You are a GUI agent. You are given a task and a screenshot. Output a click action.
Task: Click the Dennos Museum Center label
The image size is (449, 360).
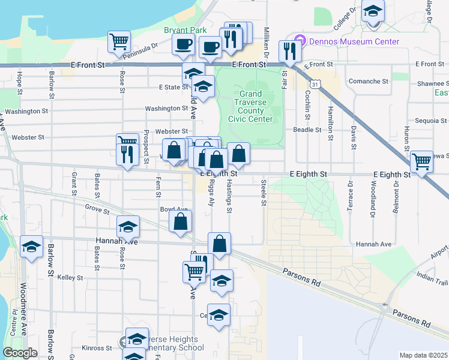click(x=354, y=41)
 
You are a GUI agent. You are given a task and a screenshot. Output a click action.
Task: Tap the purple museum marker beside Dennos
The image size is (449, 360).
click(x=303, y=41)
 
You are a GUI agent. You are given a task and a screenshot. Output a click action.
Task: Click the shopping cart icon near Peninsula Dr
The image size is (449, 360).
click(x=119, y=41)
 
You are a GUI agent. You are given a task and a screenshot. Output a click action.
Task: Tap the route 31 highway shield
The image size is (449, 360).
click(x=314, y=85)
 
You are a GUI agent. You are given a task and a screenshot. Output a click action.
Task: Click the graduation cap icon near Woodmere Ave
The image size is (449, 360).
click(x=31, y=247)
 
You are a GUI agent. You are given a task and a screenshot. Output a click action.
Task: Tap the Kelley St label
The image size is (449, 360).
click(x=70, y=278)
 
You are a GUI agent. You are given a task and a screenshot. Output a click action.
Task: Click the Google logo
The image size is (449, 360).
click(x=20, y=353)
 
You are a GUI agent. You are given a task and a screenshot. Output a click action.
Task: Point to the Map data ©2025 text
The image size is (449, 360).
click(x=423, y=355)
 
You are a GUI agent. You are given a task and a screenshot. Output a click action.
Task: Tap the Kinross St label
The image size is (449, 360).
click(x=97, y=348)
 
